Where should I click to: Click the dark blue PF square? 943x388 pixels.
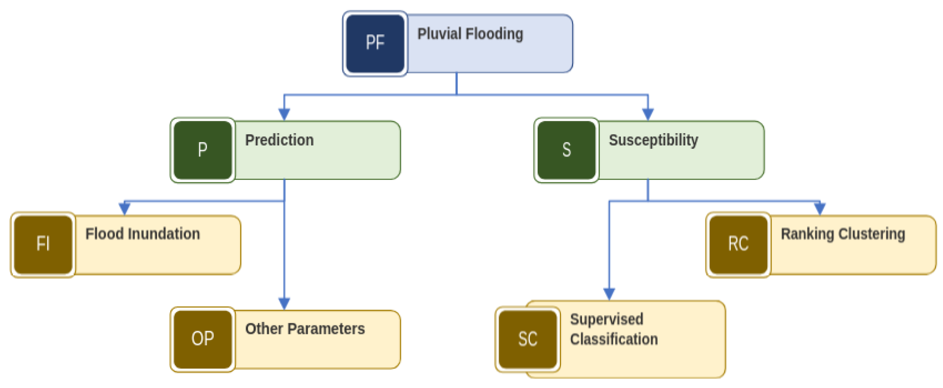click(x=375, y=43)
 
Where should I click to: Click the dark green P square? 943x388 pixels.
click(x=203, y=150)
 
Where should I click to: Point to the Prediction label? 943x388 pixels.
click(x=279, y=140)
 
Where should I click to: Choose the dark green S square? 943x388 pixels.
click(x=566, y=150)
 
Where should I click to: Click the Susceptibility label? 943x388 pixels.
click(x=653, y=140)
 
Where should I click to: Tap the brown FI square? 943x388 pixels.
click(x=43, y=244)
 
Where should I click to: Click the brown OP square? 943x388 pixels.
click(x=203, y=339)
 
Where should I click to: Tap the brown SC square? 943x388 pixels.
click(x=527, y=339)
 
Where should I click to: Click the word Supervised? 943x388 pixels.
click(x=606, y=319)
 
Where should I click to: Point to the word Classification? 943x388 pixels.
click(x=613, y=339)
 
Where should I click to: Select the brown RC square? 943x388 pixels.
click(x=738, y=244)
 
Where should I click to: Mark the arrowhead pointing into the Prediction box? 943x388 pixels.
click(x=284, y=114)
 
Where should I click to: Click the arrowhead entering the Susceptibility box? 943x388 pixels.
click(x=648, y=114)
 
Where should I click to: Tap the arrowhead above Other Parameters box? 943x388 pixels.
click(x=284, y=303)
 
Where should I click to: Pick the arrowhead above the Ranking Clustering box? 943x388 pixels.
click(x=820, y=208)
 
